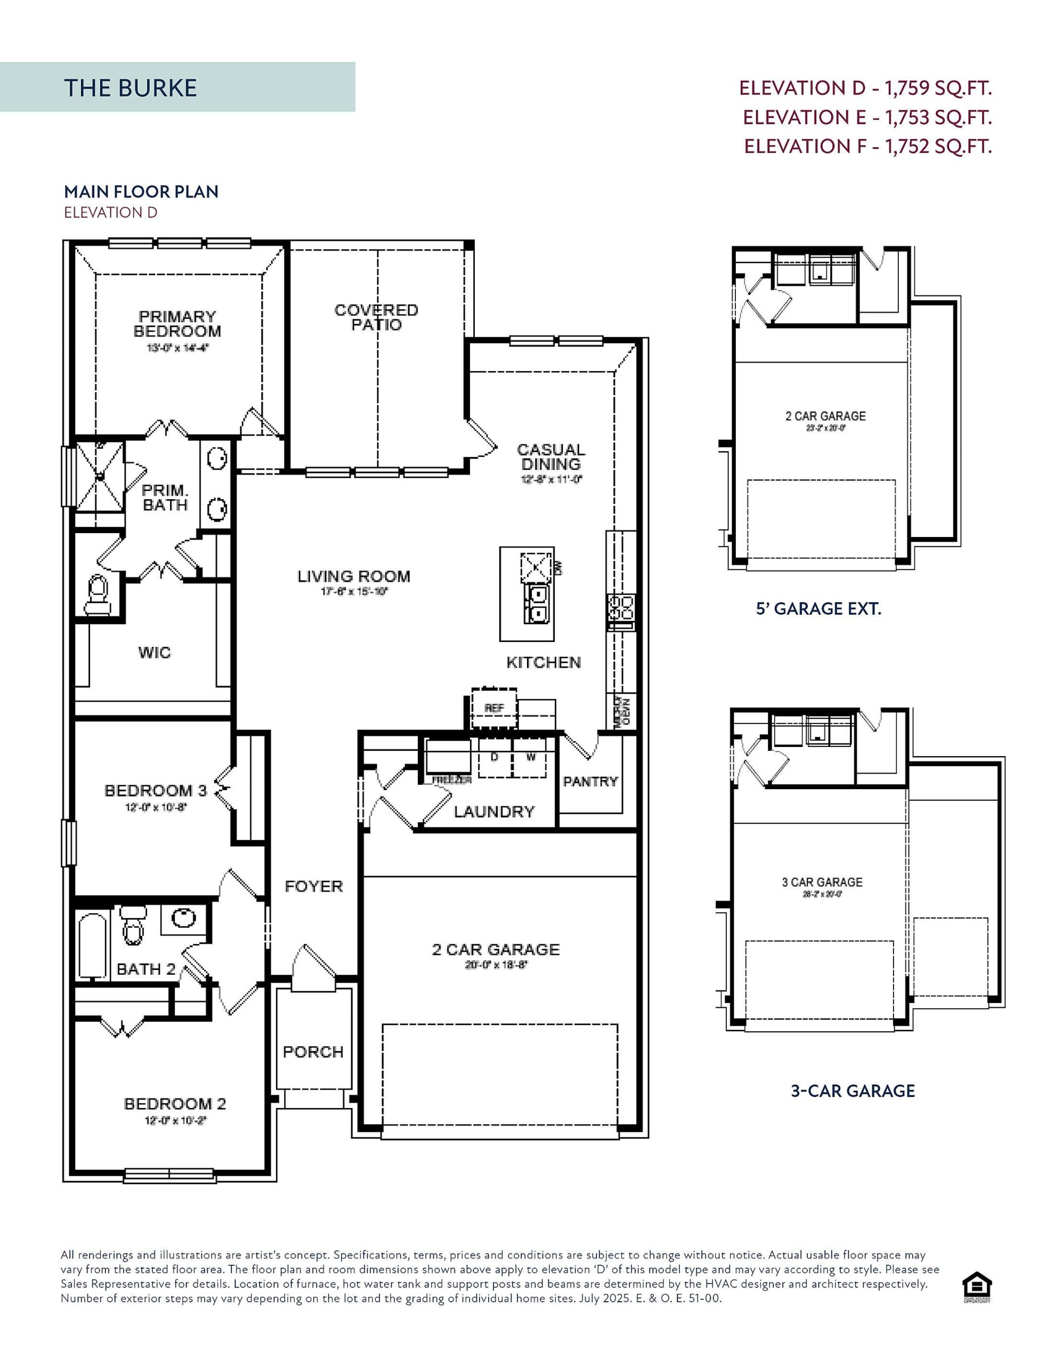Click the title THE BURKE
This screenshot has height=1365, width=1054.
click(130, 88)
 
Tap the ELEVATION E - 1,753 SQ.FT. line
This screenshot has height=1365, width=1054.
click(866, 117)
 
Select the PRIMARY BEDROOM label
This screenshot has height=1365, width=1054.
click(177, 324)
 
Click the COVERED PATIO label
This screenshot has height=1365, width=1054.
click(376, 317)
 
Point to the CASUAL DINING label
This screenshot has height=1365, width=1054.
click(550, 457)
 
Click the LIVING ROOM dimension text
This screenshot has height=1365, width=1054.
click(354, 591)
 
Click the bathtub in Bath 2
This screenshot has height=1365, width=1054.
click(93, 945)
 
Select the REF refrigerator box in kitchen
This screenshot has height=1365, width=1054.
click(494, 708)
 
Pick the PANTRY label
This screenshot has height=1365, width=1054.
click(590, 781)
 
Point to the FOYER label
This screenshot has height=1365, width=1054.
click(314, 886)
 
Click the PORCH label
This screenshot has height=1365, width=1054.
click(313, 1052)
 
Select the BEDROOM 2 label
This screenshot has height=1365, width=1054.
click(175, 1104)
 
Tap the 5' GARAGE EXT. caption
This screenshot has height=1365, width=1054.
click(818, 609)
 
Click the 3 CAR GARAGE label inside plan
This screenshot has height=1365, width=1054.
click(822, 882)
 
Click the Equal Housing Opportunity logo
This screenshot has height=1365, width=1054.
click(977, 1287)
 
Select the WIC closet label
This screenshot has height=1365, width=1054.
click(155, 653)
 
